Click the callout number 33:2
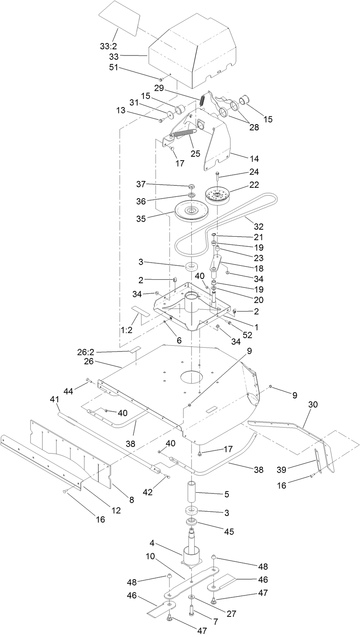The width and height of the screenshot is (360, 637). point(109,46)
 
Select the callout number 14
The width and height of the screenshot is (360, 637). point(254,159)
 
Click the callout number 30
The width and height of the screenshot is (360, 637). point(313,405)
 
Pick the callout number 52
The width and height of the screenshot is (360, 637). point(247,335)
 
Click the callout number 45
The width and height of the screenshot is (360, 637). point(229,531)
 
